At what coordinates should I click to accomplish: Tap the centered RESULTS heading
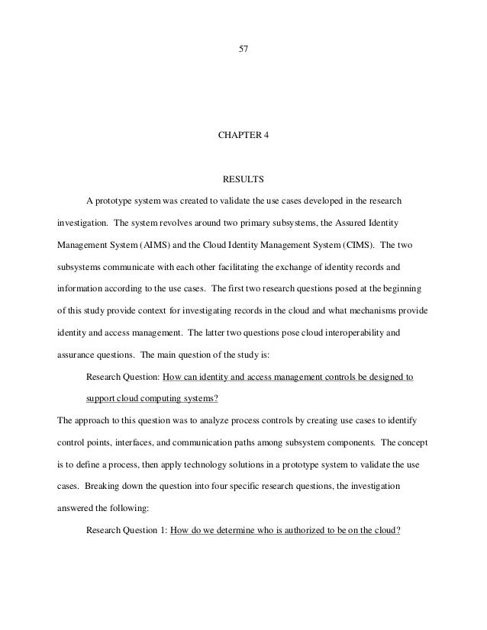click(x=243, y=180)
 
